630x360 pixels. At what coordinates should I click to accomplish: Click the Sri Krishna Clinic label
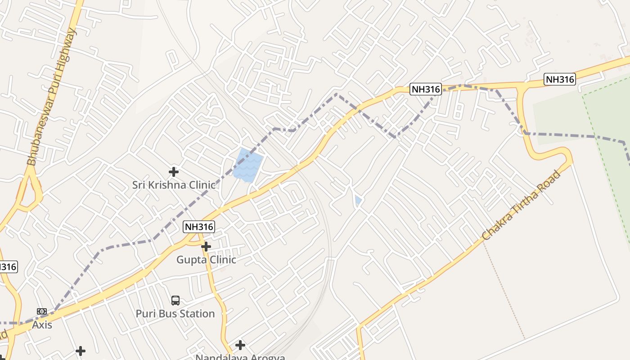coord(174,184)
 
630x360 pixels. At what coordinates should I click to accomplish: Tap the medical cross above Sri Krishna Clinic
coord(174,171)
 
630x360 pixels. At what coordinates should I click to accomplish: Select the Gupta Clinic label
coord(206,260)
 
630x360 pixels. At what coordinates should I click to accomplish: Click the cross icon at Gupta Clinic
coord(206,247)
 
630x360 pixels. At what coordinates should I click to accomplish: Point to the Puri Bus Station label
coord(175,314)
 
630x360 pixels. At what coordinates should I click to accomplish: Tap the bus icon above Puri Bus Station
coord(175,300)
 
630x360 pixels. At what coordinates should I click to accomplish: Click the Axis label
coord(42,324)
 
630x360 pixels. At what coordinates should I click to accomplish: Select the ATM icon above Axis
coord(42,311)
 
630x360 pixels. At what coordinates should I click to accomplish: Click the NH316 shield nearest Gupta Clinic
coord(199,227)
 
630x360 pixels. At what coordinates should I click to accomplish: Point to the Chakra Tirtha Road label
coord(521,205)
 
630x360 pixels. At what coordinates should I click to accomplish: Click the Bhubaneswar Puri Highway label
coord(52,97)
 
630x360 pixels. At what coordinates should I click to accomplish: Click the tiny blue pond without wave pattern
coord(358,201)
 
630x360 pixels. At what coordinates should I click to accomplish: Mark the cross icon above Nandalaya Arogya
coord(240,345)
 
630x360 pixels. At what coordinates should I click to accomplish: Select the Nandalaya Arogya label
coord(240,357)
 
